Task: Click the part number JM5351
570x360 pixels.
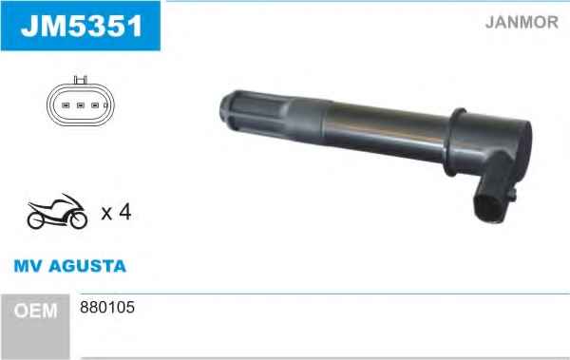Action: pyautogui.click(x=82, y=27)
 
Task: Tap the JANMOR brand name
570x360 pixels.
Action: pyautogui.click(x=522, y=22)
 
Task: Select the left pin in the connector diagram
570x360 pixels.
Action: pyautogui.click(x=66, y=105)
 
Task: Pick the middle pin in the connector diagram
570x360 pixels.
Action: pyautogui.click(x=81, y=105)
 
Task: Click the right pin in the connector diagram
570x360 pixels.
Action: pyautogui.click(x=95, y=105)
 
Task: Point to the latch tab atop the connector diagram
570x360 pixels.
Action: pyautogui.click(x=81, y=80)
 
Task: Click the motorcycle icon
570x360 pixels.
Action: pyautogui.click(x=57, y=211)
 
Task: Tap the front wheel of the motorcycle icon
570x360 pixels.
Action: pyautogui.click(x=79, y=219)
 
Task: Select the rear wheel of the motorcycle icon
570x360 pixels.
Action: pyautogui.click(x=36, y=220)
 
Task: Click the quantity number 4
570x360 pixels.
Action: pyautogui.click(x=124, y=212)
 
